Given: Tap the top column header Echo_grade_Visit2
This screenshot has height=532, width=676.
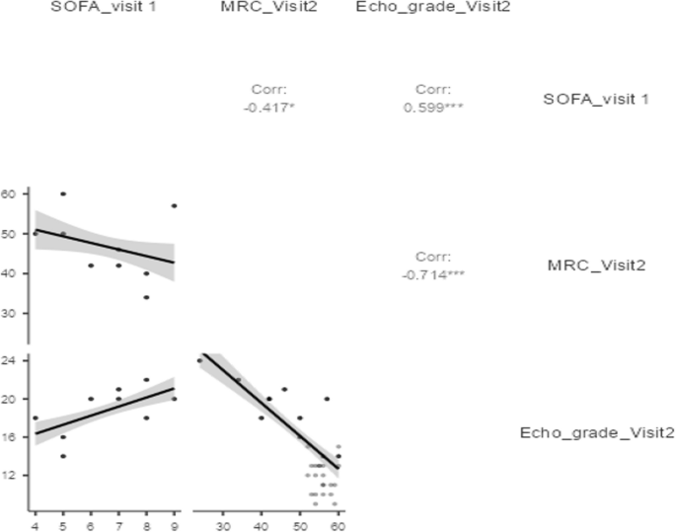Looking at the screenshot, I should point(430,9).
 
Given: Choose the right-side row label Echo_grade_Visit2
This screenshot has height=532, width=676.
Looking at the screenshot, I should point(597,431).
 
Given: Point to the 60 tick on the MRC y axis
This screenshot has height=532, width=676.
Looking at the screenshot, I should point(10,194).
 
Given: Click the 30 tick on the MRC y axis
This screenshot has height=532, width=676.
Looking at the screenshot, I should point(10,313).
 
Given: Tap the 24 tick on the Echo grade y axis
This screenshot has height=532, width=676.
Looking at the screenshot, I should point(10,361).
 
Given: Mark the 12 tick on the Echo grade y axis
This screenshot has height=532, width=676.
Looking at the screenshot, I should point(10,475).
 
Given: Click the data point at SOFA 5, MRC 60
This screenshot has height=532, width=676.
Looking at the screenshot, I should point(63,194).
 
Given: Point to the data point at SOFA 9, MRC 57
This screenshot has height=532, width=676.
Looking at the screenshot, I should point(174,206).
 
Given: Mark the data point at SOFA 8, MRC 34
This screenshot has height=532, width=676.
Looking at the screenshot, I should point(146,297).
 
